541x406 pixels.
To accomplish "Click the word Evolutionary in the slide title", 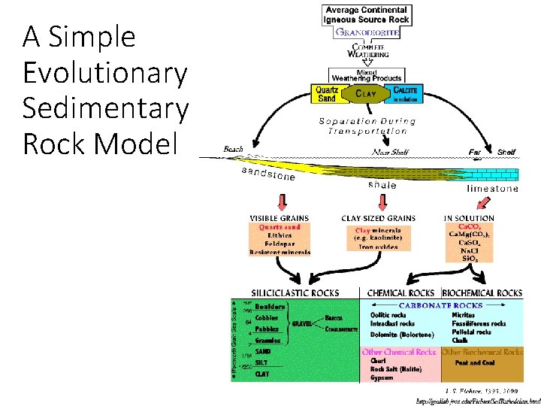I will point(104,73).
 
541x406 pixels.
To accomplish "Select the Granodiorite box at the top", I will point(367,33).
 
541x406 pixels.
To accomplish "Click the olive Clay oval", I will point(367,94).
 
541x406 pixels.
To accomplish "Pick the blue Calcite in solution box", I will point(407,94).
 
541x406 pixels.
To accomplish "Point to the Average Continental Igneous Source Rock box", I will point(367,15).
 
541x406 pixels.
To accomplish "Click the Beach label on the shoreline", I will point(234,149).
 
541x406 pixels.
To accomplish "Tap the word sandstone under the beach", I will point(268,174).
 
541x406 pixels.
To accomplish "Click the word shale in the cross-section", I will point(382,184).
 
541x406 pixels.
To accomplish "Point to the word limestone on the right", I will point(492,189).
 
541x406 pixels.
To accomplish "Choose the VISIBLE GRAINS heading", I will point(279,218).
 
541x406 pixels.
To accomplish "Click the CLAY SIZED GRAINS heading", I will point(378,218).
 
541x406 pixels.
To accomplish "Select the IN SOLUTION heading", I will point(469,218).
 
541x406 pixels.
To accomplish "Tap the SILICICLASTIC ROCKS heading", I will point(295,292).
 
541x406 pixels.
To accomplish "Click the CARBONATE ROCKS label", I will point(440,305).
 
